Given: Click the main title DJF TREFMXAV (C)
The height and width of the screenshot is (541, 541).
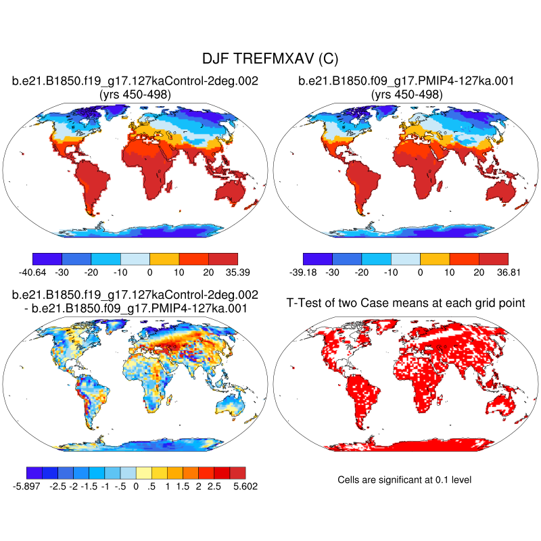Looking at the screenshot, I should (270, 60).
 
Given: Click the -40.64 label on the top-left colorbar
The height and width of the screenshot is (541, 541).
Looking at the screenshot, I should (32, 272).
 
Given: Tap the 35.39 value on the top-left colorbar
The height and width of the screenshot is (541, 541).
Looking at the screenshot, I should (238, 272).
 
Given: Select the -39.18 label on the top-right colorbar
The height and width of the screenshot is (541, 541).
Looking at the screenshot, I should (303, 272).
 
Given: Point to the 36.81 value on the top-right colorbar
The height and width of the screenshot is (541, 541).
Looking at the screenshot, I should (508, 272).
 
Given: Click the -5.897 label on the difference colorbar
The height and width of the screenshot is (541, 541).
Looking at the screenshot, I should (26, 486).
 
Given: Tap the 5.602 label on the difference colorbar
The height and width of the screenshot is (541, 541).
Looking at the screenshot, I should (244, 486).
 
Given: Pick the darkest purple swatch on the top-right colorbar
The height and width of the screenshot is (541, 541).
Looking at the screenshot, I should (318, 259).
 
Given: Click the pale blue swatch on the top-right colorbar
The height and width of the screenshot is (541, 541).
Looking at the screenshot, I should (406, 259).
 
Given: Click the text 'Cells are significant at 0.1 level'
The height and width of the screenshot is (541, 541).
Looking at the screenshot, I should (404, 479).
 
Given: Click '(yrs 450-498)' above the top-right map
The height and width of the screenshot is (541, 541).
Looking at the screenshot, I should (406, 95).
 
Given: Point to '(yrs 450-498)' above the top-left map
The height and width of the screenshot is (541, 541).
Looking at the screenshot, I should (135, 95).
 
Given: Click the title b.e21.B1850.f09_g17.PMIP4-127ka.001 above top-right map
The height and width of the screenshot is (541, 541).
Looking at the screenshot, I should (406, 82).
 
